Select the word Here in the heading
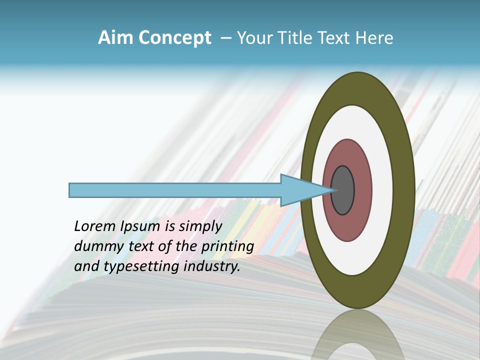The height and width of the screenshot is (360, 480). pos(374,38)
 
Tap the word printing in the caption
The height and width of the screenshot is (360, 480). pos(227,246)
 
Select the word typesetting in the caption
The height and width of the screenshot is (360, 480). pos(141,266)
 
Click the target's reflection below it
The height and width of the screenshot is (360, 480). pos(357,340)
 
